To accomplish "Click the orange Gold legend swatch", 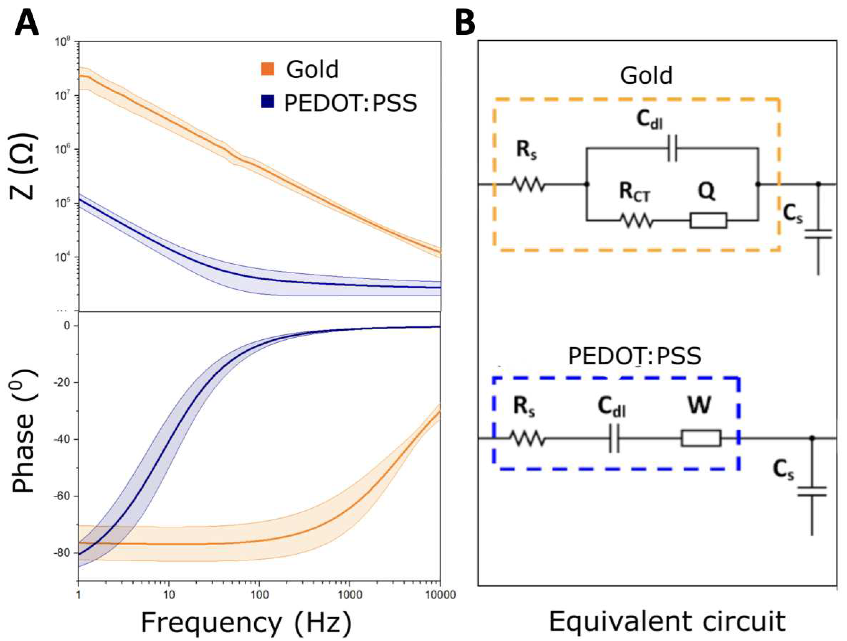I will pos(268,69).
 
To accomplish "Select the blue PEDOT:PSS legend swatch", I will pos(267,101).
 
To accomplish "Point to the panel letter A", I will pos(27,23).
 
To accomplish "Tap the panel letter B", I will pos(465,23).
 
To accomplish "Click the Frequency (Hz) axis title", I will pos(246,623).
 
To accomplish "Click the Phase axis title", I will pos(23,431).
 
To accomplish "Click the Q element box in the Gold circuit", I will pos(708,220).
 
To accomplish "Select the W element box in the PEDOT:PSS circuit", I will pos(701,438).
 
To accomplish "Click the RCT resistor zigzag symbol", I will pos(636,220).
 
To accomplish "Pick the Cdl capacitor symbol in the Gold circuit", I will pos(672,153).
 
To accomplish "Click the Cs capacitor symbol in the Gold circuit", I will pos(818,234).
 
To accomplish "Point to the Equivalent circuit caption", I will pos(668,622).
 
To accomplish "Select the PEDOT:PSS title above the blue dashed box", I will pos(635,356).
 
